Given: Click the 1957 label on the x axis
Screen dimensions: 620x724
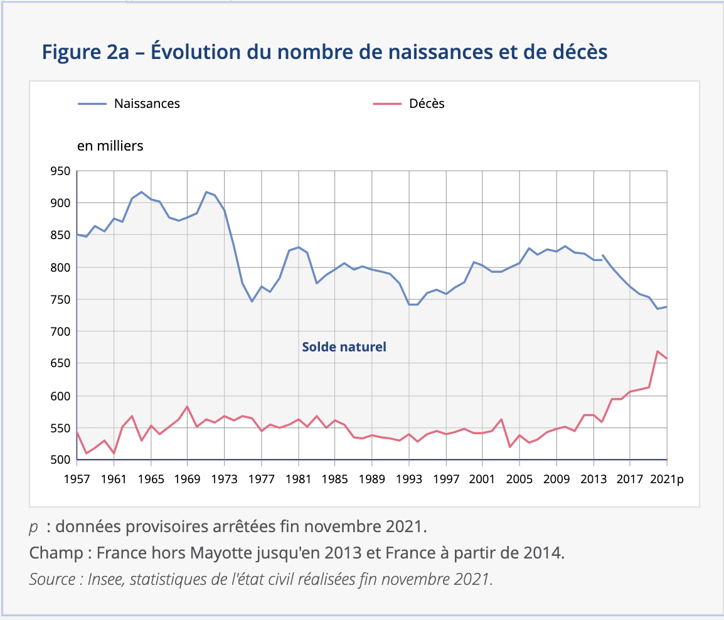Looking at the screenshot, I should click(77, 479).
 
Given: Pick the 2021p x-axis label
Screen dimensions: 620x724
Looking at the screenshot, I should click(667, 479).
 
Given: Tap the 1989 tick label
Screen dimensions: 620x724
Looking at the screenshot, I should click(372, 479).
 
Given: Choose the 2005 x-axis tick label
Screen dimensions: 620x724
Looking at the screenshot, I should click(519, 479).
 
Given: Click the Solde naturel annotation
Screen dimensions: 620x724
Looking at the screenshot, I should click(344, 346).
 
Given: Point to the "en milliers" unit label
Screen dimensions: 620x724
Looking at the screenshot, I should click(110, 146).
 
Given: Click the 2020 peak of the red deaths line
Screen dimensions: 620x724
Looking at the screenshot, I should click(657, 351).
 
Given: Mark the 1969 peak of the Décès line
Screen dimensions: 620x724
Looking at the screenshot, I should click(188, 407).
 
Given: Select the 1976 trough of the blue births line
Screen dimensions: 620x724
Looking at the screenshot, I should click(252, 301).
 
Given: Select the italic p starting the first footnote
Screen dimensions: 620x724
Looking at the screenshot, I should click(34, 527).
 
